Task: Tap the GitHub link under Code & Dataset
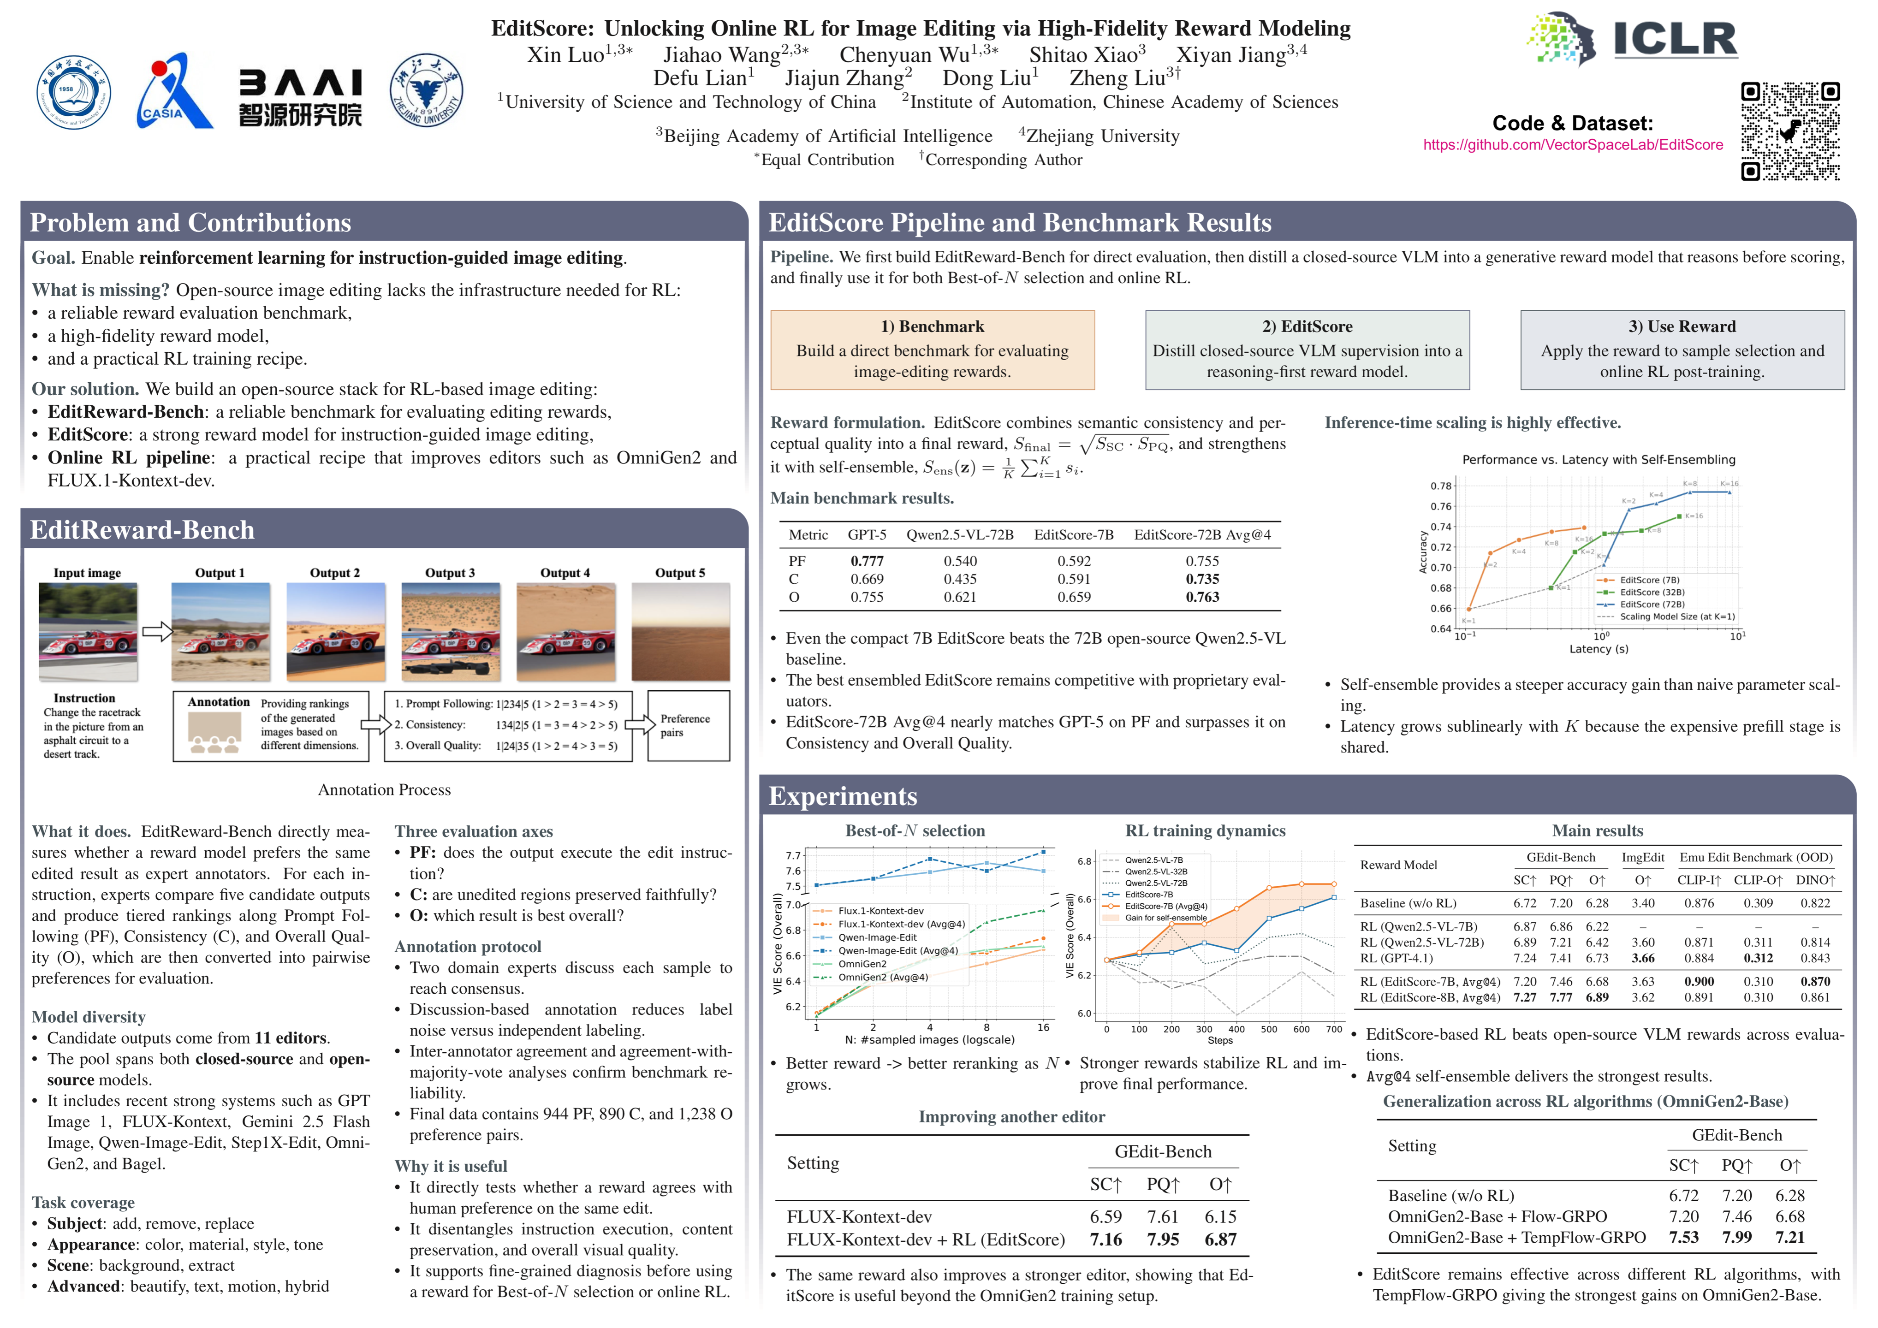(1572, 145)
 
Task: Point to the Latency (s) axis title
(1598, 649)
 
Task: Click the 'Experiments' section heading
(843, 796)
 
